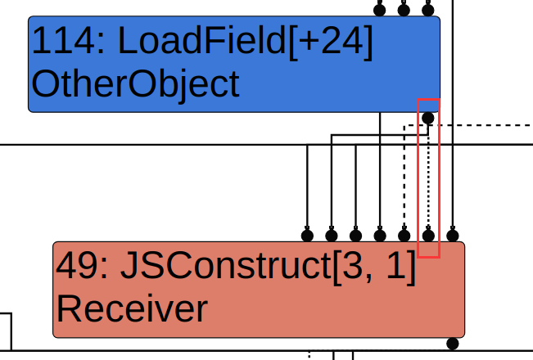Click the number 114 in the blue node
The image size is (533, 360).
(61, 43)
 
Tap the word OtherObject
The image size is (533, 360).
(135, 83)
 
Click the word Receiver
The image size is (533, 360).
(131, 308)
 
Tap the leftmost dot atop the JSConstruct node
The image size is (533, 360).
(307, 236)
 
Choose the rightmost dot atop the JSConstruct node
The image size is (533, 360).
(452, 236)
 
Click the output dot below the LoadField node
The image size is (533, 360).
(427, 118)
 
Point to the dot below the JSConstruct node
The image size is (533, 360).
(452, 343)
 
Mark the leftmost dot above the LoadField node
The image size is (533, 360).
(379, 11)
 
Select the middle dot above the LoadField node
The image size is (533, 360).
(404, 11)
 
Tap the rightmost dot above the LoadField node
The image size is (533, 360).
(427, 11)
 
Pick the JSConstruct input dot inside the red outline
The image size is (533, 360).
(427, 236)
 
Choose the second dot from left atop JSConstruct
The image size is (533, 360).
(332, 236)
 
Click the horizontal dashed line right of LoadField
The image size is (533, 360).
(491, 125)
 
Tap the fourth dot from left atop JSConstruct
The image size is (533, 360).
(380, 236)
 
